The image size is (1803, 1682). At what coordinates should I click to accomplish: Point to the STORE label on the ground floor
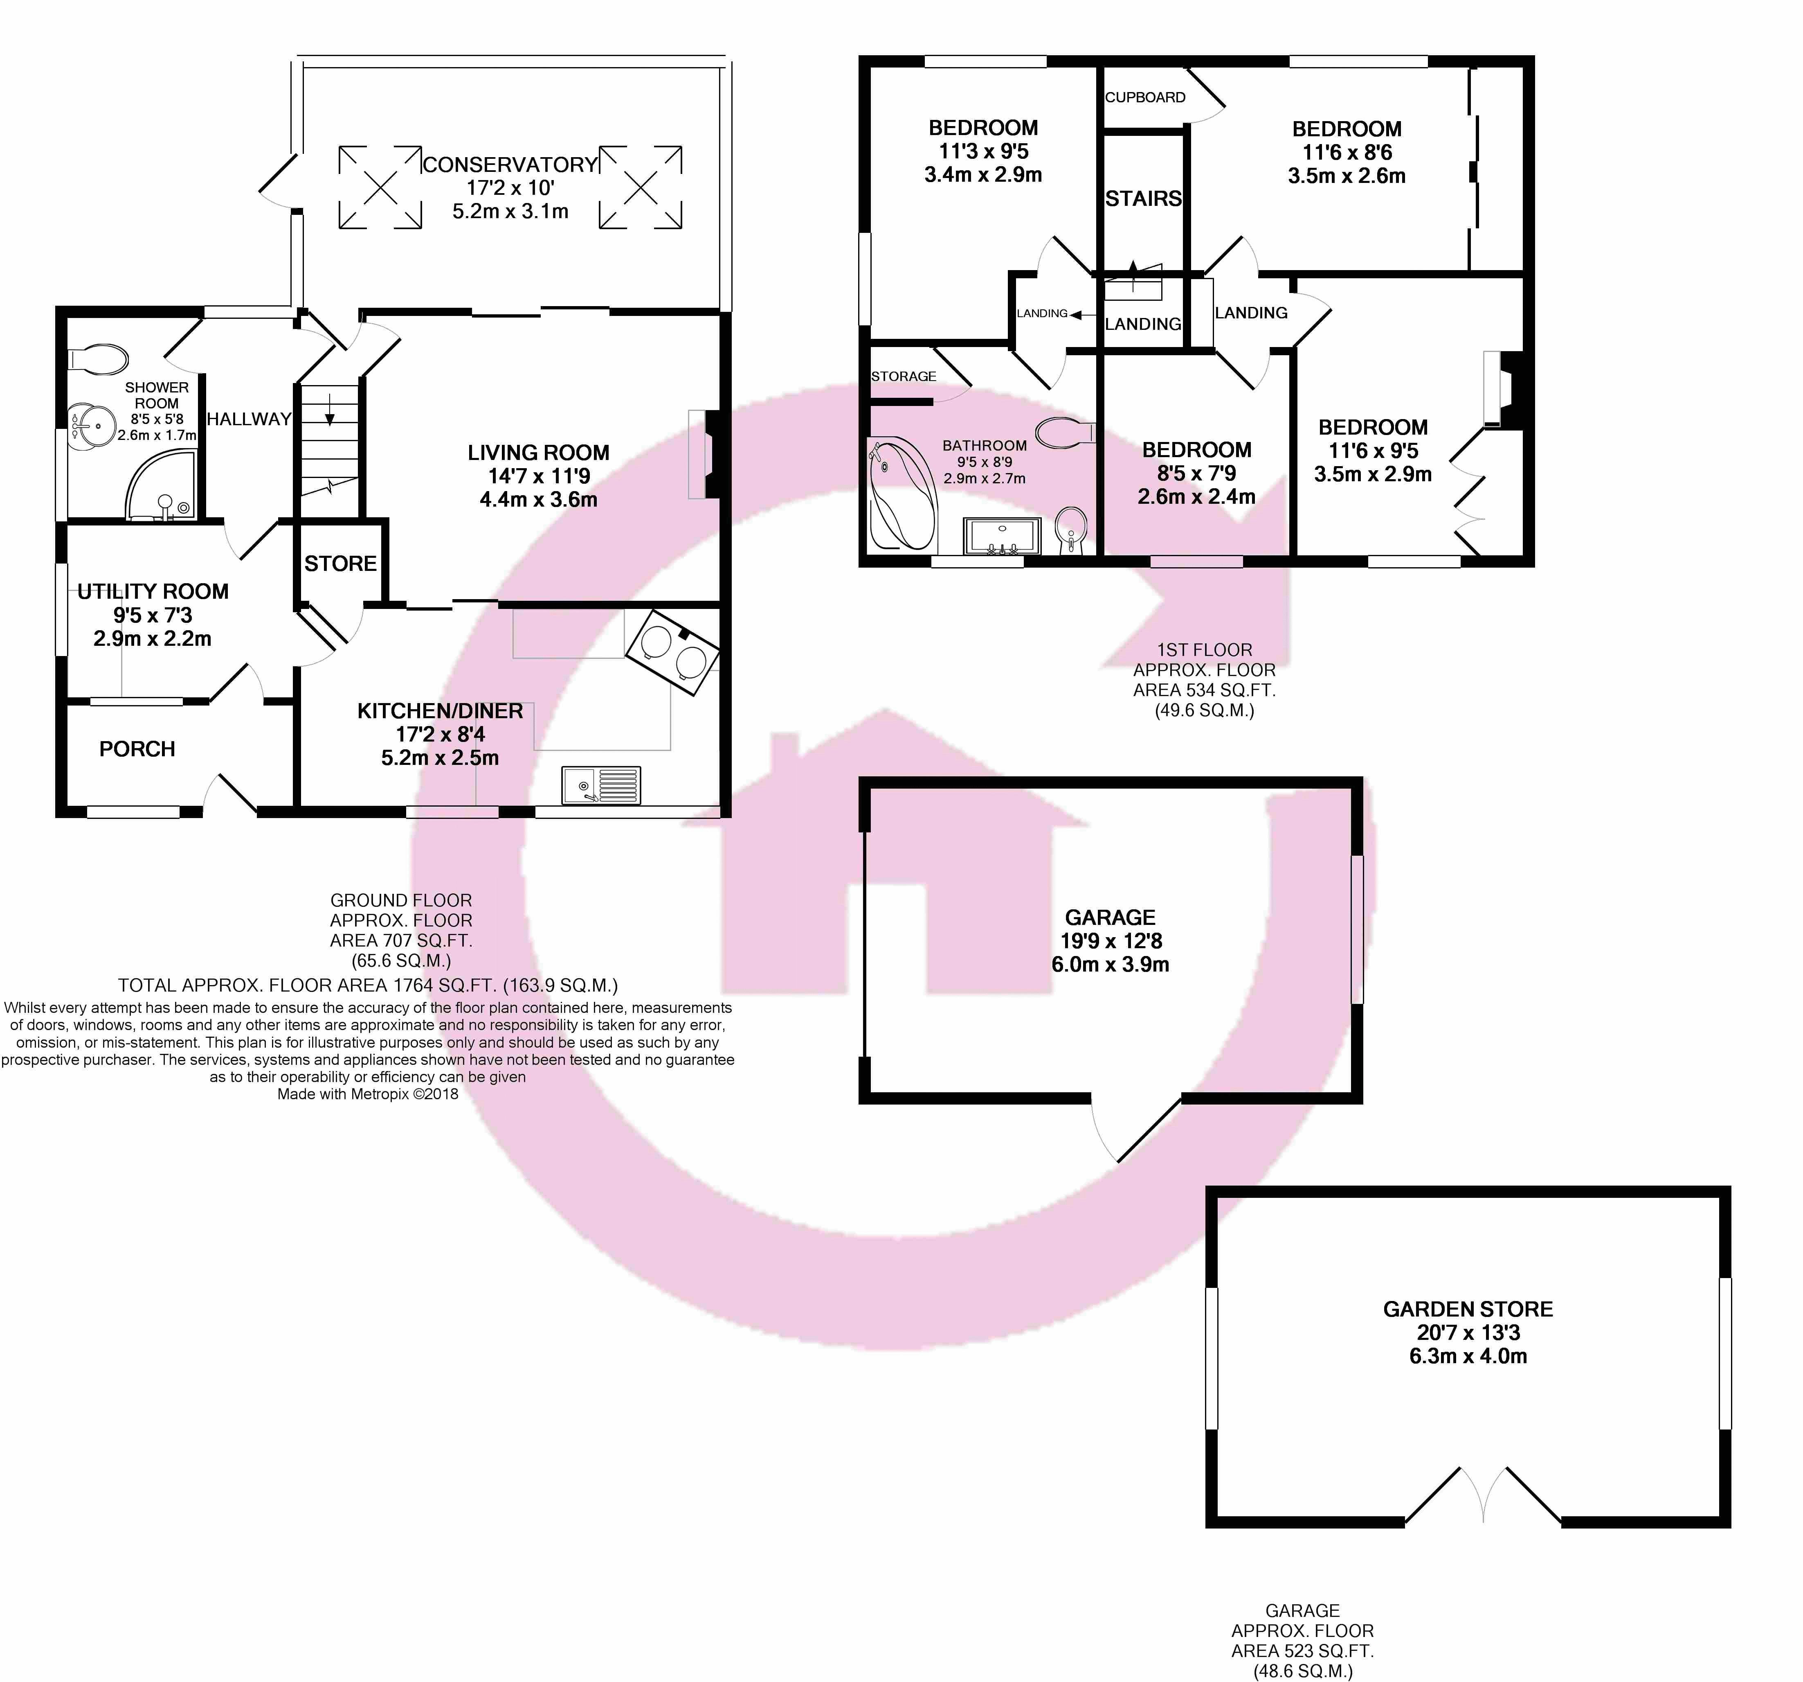pos(340,564)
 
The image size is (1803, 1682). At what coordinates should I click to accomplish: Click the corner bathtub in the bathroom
pos(902,494)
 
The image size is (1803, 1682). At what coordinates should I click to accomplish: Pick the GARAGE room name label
pos(1110,917)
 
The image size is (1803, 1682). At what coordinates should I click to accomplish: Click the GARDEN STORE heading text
pos(1468,1309)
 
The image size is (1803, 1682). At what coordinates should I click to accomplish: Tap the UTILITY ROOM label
pos(153,591)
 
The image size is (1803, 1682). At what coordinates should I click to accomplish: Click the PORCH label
pos(137,749)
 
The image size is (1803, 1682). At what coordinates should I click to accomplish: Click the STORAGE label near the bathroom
pos(903,376)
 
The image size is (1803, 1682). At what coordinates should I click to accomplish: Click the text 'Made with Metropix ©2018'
pos(368,1094)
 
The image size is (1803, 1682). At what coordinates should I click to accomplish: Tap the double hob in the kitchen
pos(672,652)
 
